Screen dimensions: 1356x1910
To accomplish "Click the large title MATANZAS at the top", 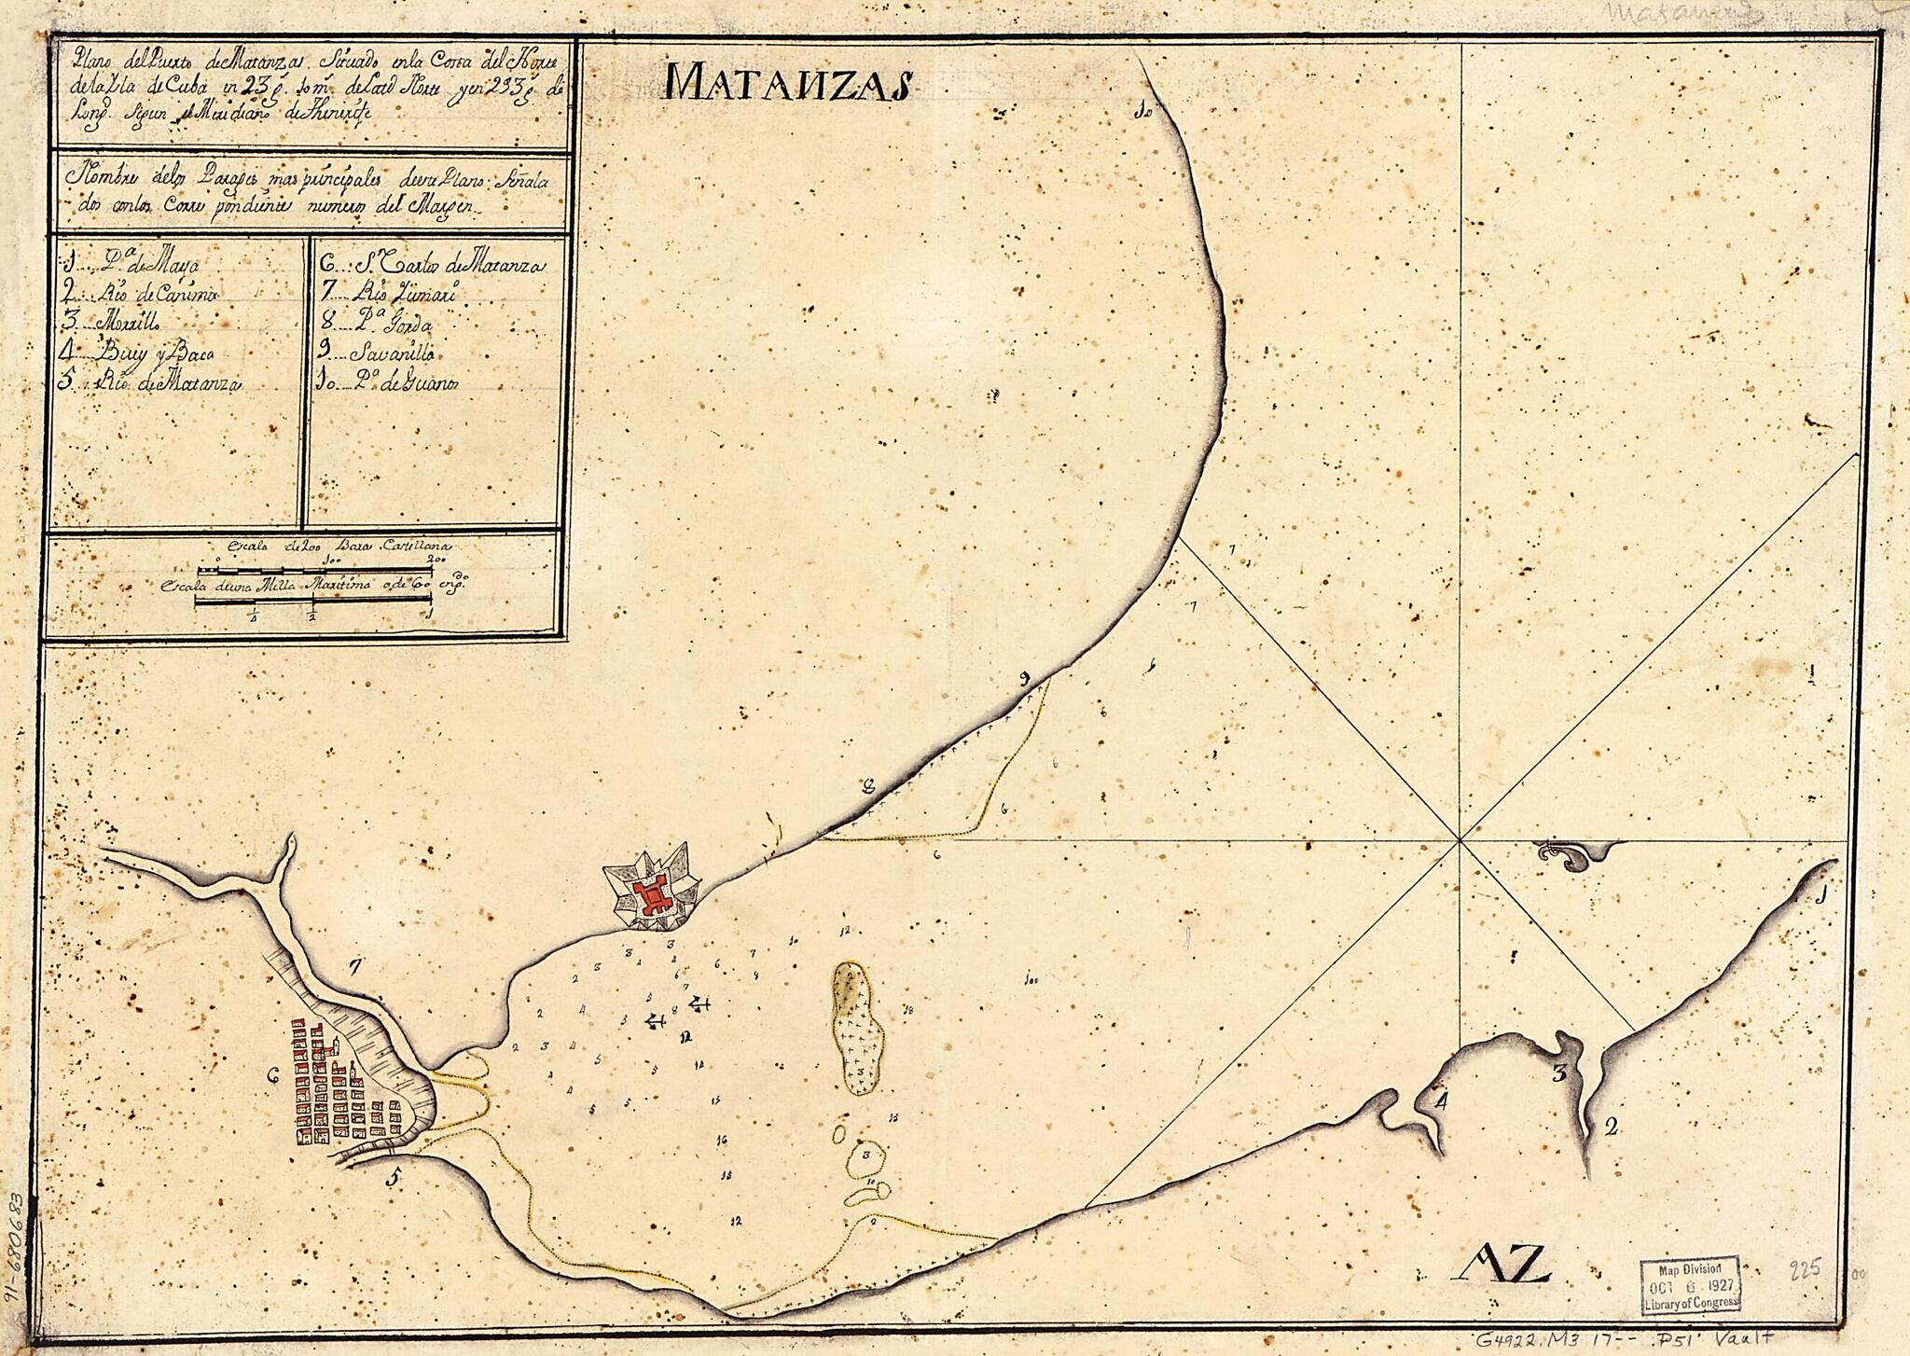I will click(x=788, y=84).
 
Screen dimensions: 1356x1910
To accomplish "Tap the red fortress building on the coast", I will click(x=653, y=895).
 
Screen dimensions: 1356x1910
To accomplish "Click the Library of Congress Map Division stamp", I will click(x=1690, y=1286).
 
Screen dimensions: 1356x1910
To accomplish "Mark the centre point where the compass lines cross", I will click(x=1460, y=838).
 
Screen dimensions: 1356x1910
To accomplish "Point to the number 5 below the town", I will click(x=395, y=1179).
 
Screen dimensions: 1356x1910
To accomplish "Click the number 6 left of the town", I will click(x=273, y=1074).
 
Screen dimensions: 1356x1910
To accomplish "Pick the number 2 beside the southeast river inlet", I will click(x=1611, y=1128).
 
